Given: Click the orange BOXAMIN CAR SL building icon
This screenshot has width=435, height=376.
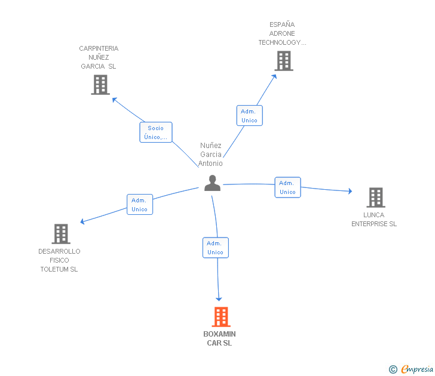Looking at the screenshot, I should coord(221,316).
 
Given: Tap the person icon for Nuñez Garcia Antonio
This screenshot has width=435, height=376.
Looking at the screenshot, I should coord(212,183).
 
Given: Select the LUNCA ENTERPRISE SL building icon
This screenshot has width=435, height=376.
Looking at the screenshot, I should coord(375,197).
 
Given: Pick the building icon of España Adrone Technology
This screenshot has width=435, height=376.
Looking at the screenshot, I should coord(284,60).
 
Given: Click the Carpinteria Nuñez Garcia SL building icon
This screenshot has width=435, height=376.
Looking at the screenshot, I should coord(100,85).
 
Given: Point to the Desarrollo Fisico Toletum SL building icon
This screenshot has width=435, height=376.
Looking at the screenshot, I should coord(61,233).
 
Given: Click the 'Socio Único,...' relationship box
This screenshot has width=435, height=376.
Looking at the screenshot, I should coord(156,132).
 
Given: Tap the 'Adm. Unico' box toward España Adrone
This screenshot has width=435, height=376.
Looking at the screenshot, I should coord(249,116).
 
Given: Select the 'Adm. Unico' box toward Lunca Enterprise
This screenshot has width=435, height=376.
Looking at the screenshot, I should coord(287,187).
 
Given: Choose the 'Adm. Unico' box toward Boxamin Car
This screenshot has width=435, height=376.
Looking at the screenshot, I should coord(215,248).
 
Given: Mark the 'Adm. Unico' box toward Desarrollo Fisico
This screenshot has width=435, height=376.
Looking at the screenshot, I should coord(140,205).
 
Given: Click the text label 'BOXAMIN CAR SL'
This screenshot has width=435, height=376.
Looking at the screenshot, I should coord(219,338).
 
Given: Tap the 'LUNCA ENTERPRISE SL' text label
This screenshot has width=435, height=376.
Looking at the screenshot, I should coord(374,220).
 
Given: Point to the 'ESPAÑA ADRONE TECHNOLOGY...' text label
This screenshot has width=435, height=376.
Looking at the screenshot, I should coord(282,33).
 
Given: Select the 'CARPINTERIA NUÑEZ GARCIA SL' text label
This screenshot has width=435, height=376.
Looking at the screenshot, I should coord(99,57).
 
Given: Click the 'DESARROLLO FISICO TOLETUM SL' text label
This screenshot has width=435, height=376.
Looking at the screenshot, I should coord(59,260).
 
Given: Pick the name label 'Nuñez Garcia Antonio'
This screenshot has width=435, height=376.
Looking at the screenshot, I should coord(211,155).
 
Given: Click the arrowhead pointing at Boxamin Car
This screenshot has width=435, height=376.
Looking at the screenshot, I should coord(219,298).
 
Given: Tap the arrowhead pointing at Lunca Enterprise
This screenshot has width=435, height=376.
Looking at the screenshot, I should coord(350,192).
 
